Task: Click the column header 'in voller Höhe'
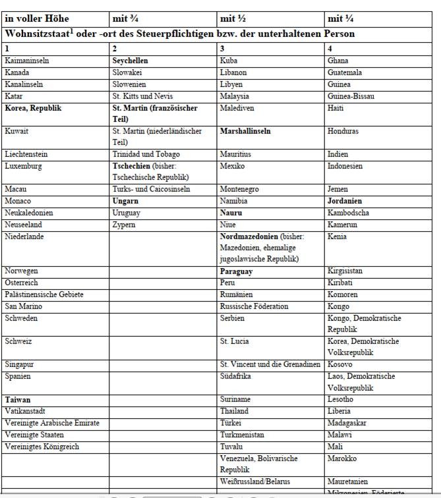pos(37,18)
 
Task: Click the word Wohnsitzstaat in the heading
pos(38,34)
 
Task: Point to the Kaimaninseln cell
pos(27,61)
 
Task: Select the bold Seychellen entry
pos(131,61)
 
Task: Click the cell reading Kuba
pos(229,61)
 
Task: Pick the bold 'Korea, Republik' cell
pos(33,108)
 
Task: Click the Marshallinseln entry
pos(245,131)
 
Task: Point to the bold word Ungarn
pos(125,201)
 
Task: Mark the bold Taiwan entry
pos(18,399)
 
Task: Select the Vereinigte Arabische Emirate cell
pos(52,423)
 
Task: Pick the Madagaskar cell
pos(347,423)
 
